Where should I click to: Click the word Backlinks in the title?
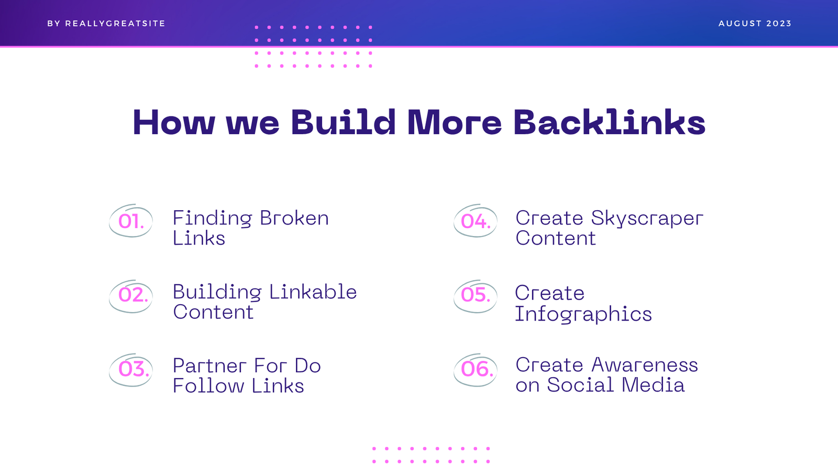(610, 122)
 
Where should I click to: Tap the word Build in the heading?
(343, 122)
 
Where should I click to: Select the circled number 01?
(131, 221)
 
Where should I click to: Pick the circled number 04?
(476, 221)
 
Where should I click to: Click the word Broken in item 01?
(294, 218)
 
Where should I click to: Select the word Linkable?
(313, 292)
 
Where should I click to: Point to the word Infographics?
(583, 315)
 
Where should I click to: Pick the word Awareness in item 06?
(645, 365)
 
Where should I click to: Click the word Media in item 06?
(653, 385)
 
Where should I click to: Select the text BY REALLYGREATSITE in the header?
(106, 24)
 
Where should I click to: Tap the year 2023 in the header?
(779, 24)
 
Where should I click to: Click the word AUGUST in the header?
(741, 24)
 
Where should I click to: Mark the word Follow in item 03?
(208, 385)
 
